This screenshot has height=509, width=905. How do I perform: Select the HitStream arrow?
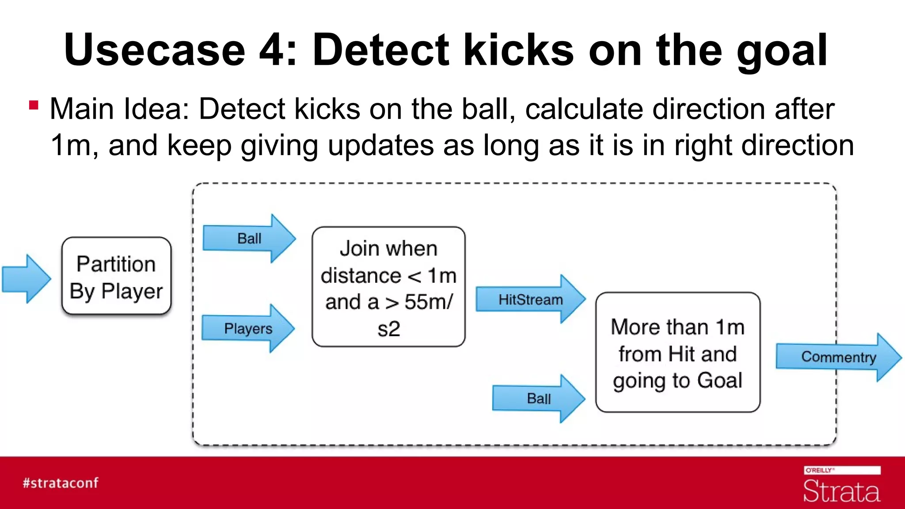tap(530, 300)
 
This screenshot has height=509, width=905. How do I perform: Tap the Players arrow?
tap(248, 328)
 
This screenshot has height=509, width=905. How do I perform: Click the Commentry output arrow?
tap(838, 357)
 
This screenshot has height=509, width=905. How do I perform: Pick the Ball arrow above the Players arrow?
tap(249, 239)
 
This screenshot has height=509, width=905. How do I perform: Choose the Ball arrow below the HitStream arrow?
tap(538, 399)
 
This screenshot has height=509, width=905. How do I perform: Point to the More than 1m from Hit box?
tap(677, 353)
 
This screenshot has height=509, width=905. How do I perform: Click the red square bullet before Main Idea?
tap(34, 105)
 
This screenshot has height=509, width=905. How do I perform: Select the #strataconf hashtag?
tap(61, 482)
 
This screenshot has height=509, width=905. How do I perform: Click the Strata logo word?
tap(841, 491)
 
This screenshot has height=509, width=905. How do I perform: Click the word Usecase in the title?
tap(155, 50)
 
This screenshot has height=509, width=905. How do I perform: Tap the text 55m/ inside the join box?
tap(428, 302)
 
